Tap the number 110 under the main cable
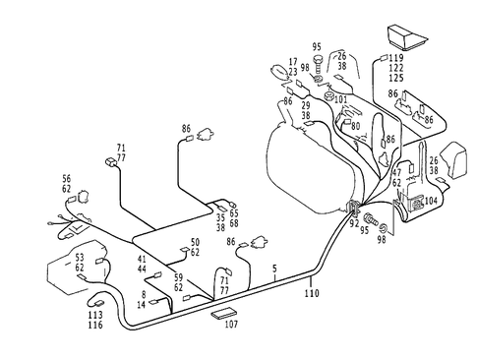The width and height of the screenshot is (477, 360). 312,292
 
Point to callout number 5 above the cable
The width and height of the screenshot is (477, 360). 274,269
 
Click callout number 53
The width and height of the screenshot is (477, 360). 81,256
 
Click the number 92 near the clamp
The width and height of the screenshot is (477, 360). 353,223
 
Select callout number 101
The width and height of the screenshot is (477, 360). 340,98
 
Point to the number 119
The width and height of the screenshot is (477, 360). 394,59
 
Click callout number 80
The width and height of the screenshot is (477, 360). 355,125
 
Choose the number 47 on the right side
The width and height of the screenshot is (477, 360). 395,171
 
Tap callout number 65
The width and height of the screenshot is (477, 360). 234,212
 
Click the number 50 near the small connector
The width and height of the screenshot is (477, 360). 195,242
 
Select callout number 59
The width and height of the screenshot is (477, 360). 178,278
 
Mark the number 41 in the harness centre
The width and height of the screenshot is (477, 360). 143,259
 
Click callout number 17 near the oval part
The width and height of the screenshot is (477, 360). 294,61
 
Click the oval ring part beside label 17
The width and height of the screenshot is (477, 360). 278,71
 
